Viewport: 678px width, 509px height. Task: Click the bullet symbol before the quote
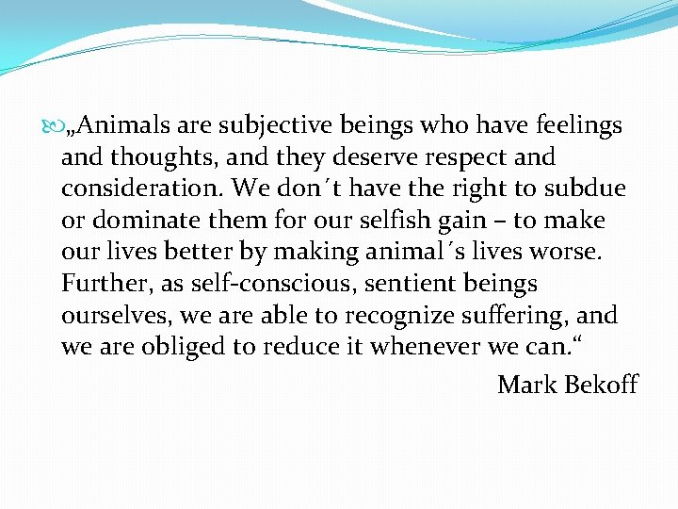[50, 125]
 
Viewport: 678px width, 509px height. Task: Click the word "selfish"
[360, 221]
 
